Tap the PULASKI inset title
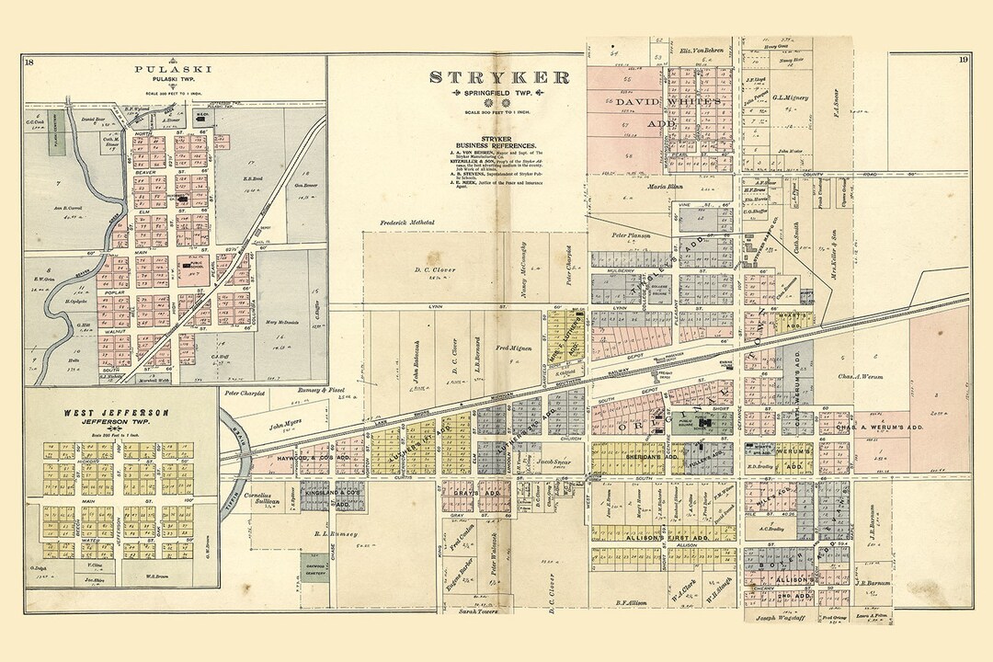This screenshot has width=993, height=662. point(162,70)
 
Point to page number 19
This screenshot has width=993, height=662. point(962,61)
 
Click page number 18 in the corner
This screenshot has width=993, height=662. point(30,62)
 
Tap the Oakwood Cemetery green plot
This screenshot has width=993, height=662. point(314,569)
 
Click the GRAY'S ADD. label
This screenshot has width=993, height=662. point(477,493)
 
